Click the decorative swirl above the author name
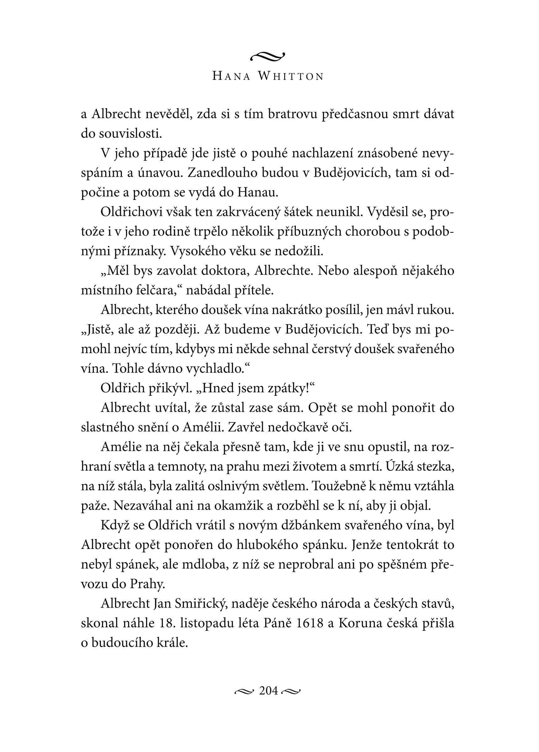[x=268, y=57]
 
